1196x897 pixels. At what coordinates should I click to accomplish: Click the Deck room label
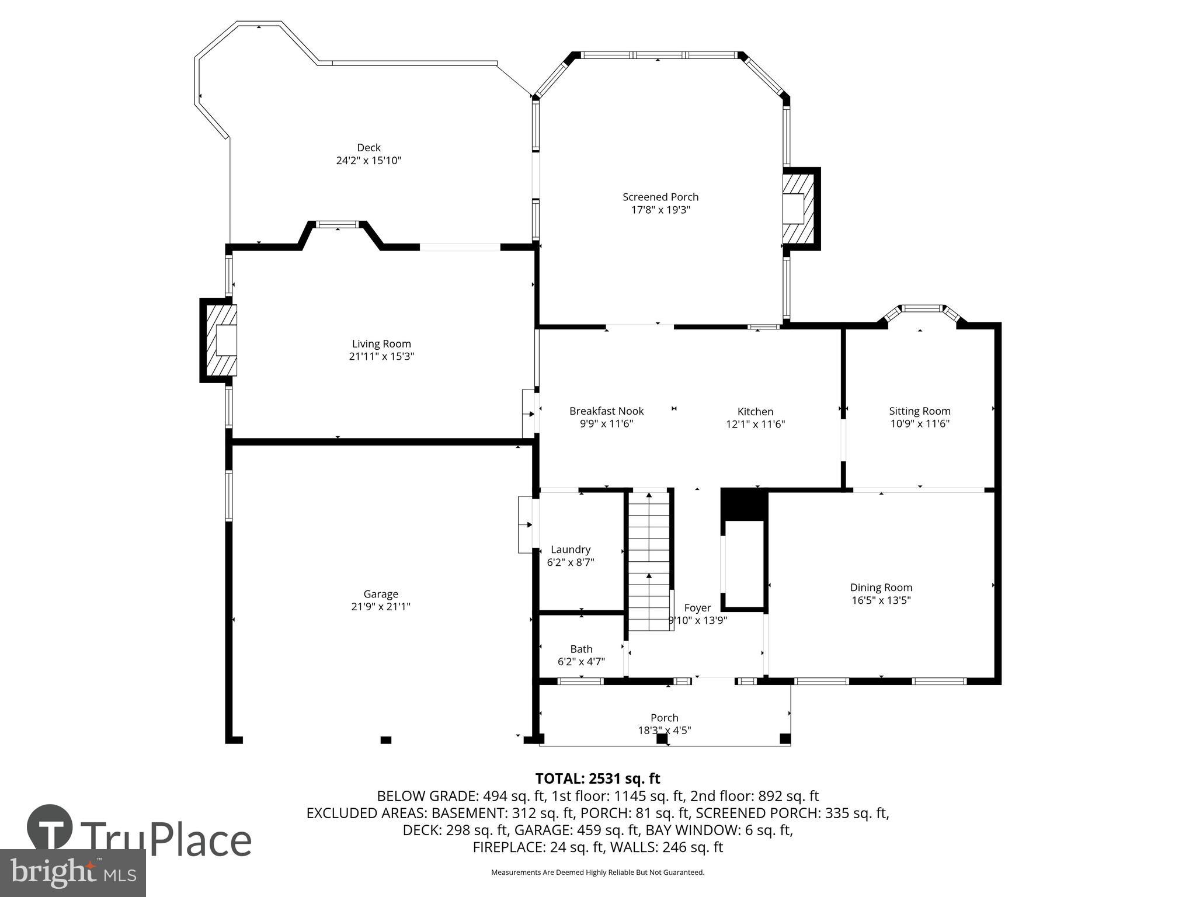point(368,148)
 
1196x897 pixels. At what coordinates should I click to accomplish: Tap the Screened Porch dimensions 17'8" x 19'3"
point(660,210)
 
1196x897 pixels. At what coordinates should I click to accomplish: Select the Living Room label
point(381,344)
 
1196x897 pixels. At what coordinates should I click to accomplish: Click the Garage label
point(381,594)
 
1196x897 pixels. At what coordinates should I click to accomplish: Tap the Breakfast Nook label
point(606,411)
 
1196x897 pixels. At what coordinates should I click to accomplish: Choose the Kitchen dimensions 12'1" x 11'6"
point(755,425)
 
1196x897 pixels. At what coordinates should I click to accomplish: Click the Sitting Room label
point(919,411)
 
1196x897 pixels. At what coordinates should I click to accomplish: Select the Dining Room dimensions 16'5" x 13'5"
point(881,600)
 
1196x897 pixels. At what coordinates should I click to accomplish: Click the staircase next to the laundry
point(649,561)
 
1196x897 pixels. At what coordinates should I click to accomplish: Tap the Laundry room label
point(571,550)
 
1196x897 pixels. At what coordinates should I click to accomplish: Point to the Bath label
point(581,649)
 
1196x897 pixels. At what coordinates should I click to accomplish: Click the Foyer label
point(697,608)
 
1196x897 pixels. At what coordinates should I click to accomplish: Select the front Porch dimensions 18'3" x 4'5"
point(664,730)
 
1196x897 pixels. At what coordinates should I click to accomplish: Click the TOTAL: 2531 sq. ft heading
point(597,778)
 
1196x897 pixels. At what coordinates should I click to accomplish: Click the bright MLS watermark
point(73,872)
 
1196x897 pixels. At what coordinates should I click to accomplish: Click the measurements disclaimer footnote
point(597,872)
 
